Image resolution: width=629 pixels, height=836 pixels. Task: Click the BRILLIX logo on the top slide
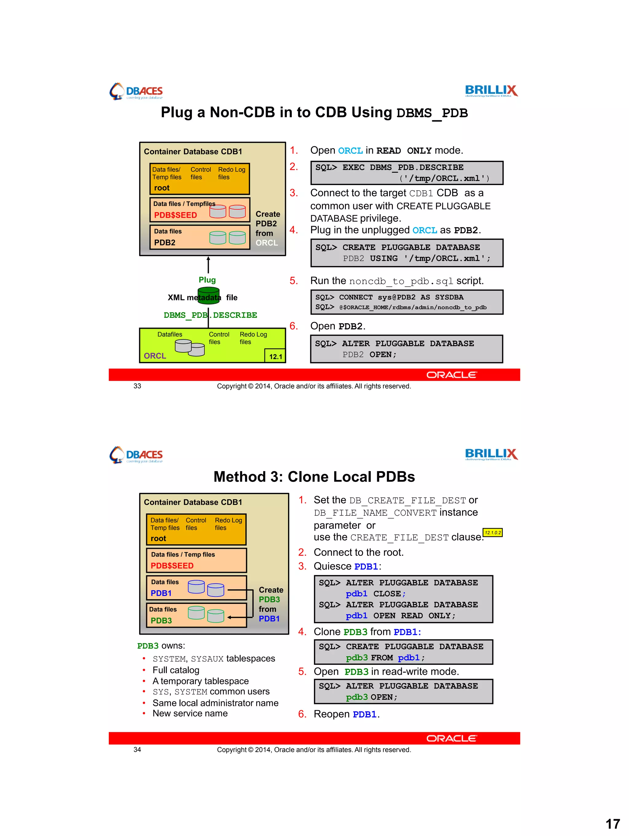click(491, 91)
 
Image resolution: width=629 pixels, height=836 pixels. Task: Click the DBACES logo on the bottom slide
click(136, 455)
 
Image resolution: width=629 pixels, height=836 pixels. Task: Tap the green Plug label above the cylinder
click(207, 280)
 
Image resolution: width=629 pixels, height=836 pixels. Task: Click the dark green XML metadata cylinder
click(209, 295)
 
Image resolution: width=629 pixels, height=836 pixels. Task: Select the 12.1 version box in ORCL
click(275, 356)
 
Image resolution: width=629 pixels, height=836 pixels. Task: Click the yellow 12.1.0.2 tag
click(493, 533)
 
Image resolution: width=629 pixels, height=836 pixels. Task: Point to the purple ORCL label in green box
click(155, 356)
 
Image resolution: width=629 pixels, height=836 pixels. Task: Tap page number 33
click(137, 386)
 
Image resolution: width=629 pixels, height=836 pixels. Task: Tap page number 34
click(137, 750)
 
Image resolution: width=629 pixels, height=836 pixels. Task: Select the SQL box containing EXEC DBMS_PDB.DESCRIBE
click(407, 173)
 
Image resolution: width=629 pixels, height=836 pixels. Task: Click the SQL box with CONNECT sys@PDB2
click(407, 302)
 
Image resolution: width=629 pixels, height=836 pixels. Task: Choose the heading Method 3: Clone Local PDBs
click(314, 477)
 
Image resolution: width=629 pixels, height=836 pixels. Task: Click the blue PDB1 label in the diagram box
click(161, 593)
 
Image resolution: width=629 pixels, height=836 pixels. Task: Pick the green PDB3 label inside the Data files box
click(161, 620)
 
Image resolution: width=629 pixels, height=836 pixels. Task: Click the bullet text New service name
click(190, 714)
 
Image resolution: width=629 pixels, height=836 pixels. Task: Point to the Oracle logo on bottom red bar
click(451, 738)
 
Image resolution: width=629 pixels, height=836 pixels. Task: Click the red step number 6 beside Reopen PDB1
click(302, 714)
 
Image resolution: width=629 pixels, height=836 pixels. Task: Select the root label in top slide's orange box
click(162, 188)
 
